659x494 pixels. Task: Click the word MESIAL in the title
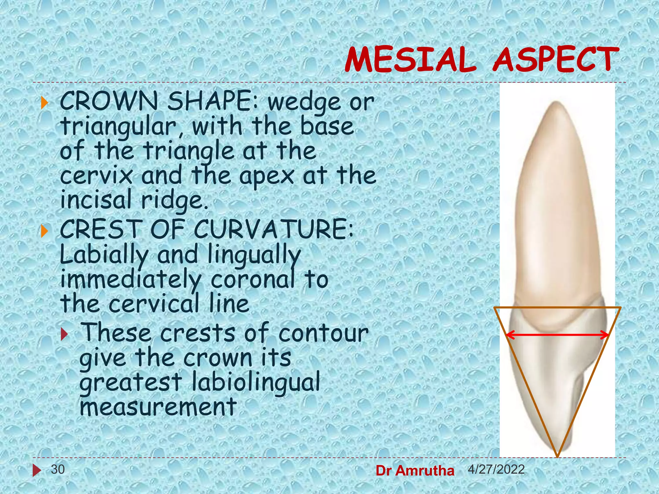410,60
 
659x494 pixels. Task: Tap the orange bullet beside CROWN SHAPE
44,103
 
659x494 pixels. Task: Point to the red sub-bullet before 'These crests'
65,334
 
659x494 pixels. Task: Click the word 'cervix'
96,176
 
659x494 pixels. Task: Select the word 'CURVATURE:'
274,229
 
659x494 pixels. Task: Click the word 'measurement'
158,407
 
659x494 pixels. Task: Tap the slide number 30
58,469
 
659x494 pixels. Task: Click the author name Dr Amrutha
415,471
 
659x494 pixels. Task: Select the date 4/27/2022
496,469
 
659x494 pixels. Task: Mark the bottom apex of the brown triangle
558,456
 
